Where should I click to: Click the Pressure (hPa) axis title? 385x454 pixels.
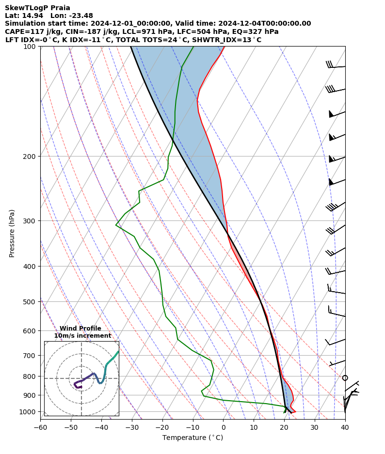coord(12,233)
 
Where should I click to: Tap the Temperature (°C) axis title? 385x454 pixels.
coord(192,438)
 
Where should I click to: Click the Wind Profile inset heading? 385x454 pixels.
coord(80,329)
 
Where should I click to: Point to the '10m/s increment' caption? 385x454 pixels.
coord(82,336)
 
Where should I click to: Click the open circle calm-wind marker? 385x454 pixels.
coord(345,378)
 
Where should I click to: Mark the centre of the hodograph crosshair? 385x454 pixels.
coord(81,378)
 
